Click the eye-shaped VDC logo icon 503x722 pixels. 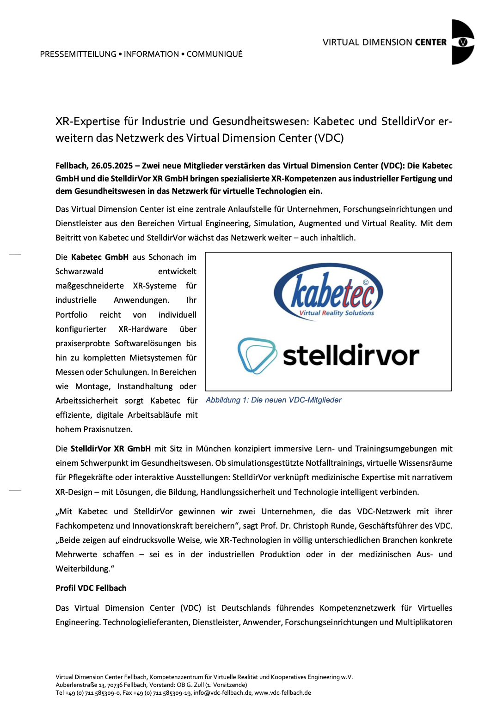[463, 42]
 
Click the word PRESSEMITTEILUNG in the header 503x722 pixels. [78, 54]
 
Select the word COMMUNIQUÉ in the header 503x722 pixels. [215, 54]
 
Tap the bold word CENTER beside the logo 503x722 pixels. [430, 42]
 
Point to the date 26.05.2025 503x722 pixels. [112, 166]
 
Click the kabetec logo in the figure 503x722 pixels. [328, 292]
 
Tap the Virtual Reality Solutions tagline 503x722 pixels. [337, 313]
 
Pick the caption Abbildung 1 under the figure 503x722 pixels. [273, 400]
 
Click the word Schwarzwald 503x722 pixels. [80, 271]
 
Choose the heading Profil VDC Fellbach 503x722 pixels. [91, 588]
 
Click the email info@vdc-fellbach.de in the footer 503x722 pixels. [223, 693]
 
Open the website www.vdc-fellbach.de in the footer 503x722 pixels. [282, 693]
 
